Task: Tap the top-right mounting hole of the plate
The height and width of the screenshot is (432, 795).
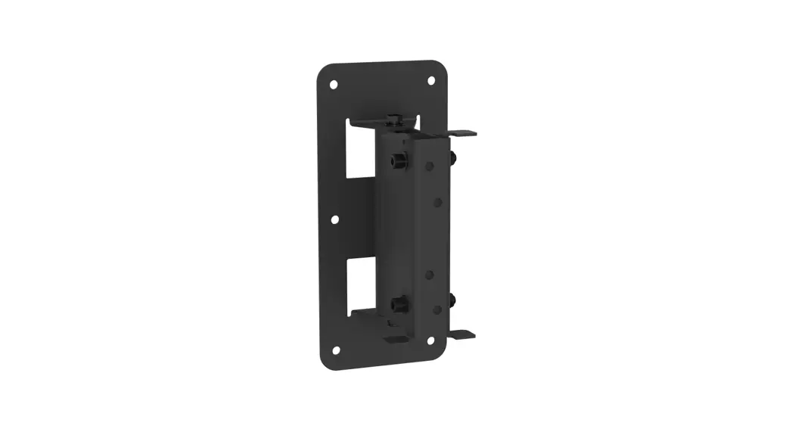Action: pos(431,80)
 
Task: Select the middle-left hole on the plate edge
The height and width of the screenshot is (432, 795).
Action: pos(335,219)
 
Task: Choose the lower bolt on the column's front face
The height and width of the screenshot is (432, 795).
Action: pos(397,305)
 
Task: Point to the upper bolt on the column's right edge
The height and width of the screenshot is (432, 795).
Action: pos(452,157)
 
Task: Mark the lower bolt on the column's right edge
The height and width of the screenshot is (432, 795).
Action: pos(452,300)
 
